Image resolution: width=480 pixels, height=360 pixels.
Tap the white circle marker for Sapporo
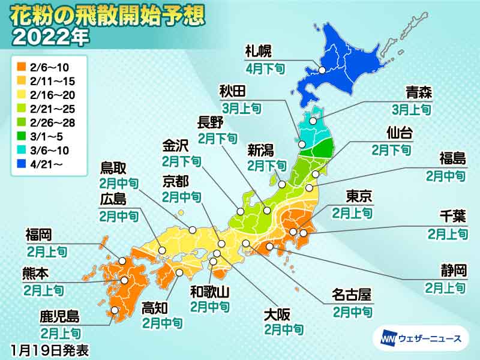coord(322,70)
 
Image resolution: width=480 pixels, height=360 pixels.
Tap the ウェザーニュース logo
coord(421,338)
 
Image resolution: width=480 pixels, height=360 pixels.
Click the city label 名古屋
coord(352,295)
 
